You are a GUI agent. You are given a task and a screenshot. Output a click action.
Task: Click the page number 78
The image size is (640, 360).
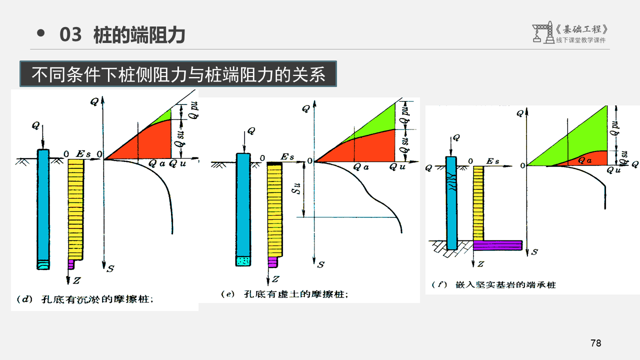tap(595, 343)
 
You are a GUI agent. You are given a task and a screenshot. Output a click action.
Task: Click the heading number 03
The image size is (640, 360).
tap(70, 35)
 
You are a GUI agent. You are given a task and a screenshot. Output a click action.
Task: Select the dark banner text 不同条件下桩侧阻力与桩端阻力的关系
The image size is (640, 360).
tap(178, 74)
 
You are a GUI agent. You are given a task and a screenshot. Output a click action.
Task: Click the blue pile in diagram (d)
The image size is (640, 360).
tap(43, 205)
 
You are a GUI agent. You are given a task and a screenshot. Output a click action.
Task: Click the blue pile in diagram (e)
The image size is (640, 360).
tap(243, 205)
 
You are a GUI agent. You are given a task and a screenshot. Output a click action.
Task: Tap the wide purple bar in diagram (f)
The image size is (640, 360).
tap(497, 245)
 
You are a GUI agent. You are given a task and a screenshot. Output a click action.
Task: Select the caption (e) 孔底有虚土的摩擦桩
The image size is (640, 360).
tap(284, 294)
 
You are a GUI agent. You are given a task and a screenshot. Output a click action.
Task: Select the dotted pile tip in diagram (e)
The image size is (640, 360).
tap(243, 260)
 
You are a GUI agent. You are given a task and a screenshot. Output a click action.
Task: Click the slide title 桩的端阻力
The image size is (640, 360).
tap(139, 35)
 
